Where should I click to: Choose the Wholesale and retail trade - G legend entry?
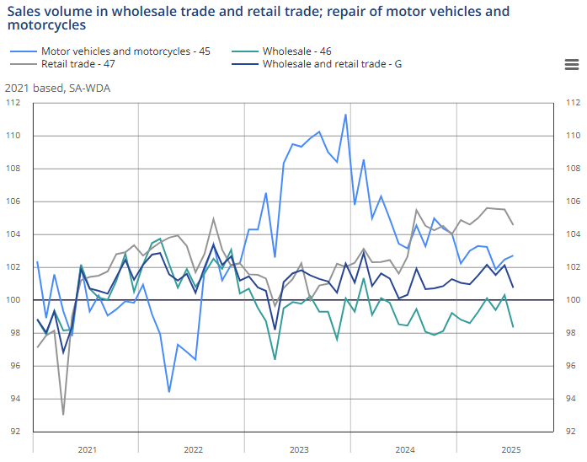pos(331,63)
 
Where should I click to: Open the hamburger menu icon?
pos(570,65)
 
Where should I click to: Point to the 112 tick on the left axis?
pos(13,103)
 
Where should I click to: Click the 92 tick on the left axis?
pos(15,432)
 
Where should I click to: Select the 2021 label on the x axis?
pos(87,450)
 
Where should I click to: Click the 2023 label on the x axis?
pos(298,450)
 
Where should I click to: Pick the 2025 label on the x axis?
pos(511,450)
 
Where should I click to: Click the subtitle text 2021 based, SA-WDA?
pos(57,87)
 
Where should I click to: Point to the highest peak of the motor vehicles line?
pos(346,115)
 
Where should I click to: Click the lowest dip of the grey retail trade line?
pos(63,415)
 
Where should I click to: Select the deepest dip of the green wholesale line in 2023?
pos(275,359)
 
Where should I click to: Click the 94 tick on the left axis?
pos(15,399)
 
